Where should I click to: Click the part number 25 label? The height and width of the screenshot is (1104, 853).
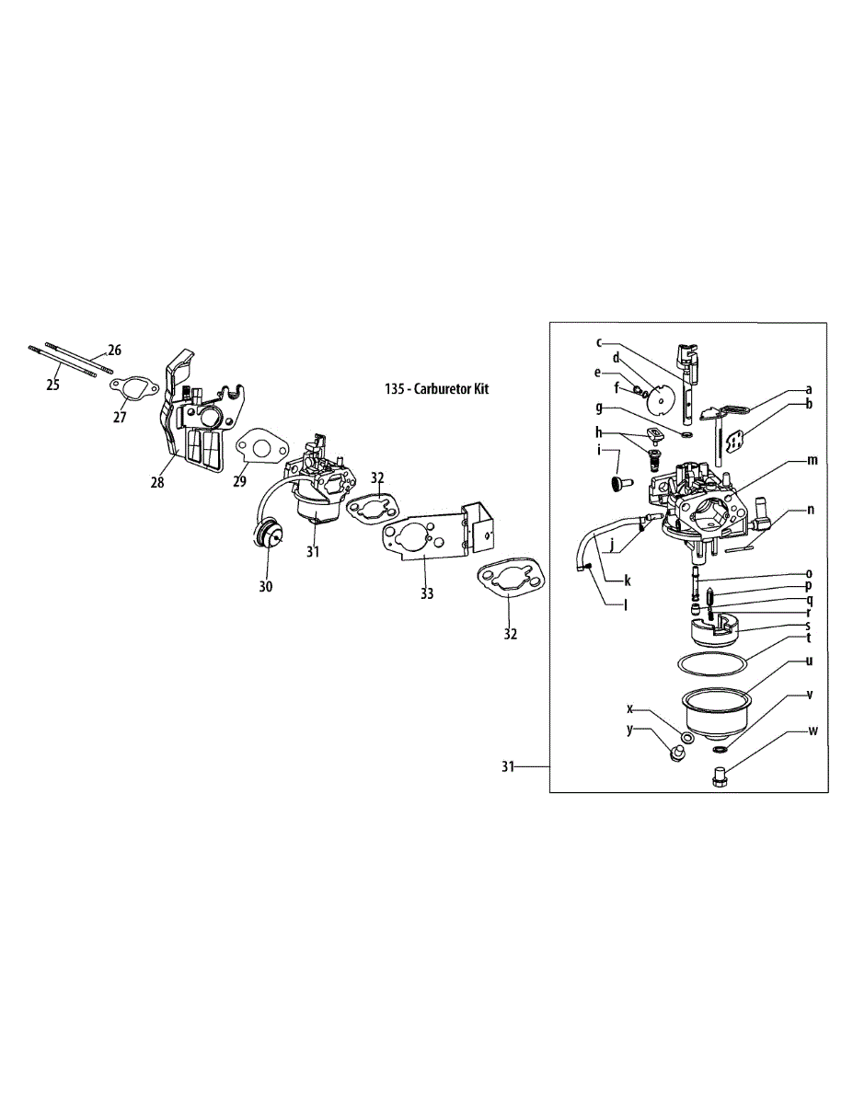52,385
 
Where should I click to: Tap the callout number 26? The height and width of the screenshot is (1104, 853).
114,350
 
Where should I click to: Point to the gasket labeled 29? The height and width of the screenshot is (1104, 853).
260,448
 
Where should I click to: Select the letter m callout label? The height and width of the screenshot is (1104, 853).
812,460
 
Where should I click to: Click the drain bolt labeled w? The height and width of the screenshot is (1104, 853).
720,780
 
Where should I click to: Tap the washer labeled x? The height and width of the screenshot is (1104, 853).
687,738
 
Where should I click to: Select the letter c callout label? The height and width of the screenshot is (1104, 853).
599,342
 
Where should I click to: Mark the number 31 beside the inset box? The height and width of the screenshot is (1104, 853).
508,767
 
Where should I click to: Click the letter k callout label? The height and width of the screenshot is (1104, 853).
628,581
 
